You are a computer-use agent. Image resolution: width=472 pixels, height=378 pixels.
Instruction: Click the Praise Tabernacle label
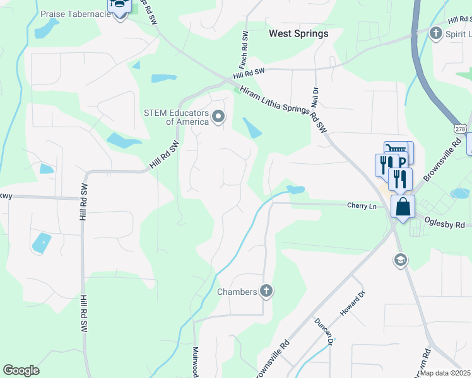pos(75,13)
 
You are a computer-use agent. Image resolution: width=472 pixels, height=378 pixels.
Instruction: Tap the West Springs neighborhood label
pos(298,33)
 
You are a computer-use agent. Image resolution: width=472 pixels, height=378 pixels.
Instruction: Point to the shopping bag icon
pos(403,207)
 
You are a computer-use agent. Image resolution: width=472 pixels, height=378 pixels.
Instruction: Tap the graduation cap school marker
pos(400,260)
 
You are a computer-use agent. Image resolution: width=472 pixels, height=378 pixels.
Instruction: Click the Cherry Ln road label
pos(362,205)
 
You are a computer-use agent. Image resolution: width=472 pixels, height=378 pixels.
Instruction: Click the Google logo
pos(21,370)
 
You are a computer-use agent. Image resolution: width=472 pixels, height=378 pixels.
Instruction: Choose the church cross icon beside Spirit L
pos(435,33)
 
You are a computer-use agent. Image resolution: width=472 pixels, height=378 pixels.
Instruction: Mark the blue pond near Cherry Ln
pos(295,189)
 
